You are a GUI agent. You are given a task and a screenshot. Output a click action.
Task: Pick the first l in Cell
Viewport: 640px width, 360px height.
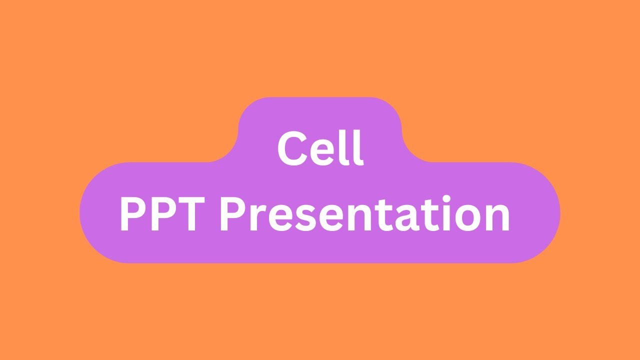[x=346, y=147]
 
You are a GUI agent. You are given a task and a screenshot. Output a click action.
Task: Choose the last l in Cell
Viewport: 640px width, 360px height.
[x=358, y=147]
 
